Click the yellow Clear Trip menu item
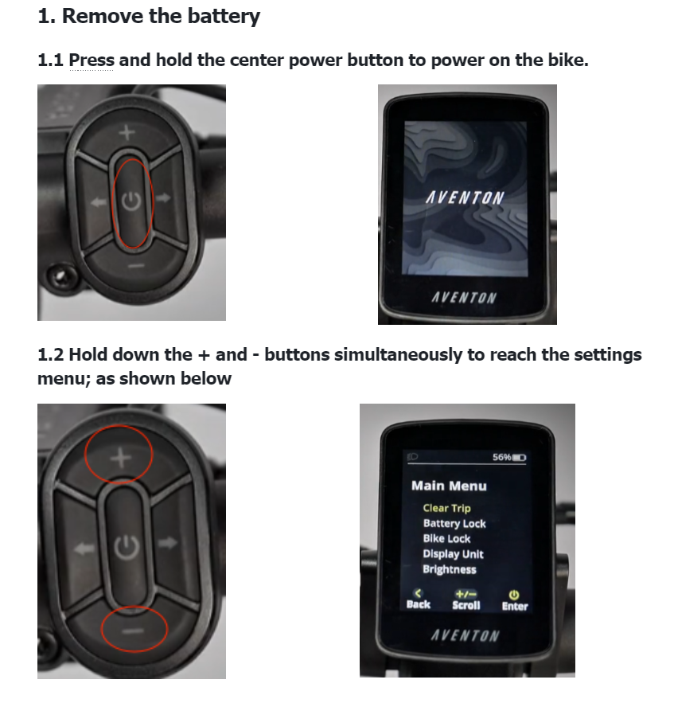446,508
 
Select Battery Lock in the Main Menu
454,523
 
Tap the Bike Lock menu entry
446,538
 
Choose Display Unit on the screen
453,554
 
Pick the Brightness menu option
449,569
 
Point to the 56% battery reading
501,457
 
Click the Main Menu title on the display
449,486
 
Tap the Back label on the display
418,604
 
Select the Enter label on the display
515,606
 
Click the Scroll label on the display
466,605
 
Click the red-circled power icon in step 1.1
132,201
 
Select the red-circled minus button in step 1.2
133,631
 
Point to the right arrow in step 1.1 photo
164,197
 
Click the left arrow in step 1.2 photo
84,549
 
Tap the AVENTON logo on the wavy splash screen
465,197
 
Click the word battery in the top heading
224,17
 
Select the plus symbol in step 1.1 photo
127,133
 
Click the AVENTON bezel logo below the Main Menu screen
465,635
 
